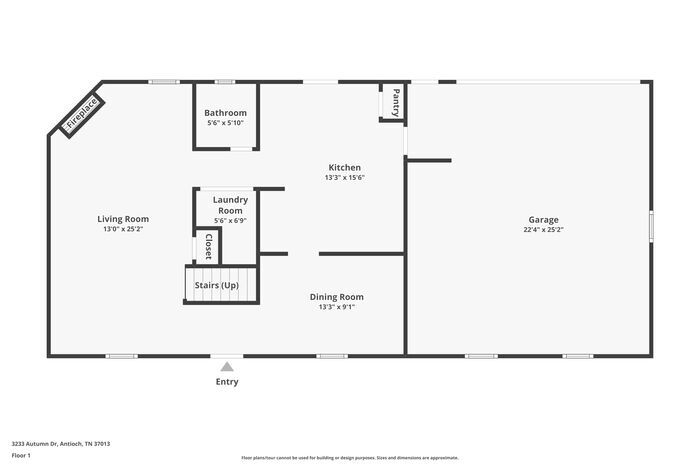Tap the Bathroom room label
[x=225, y=113]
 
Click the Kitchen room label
[x=345, y=167]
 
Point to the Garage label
[x=544, y=220]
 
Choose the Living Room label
[x=123, y=219]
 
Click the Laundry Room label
[x=230, y=205]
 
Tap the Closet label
[x=208, y=246]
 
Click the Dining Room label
[x=336, y=297]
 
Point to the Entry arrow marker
[x=227, y=367]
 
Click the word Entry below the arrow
[x=227, y=381]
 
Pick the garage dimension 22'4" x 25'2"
[x=544, y=230]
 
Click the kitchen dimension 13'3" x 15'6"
[x=345, y=178]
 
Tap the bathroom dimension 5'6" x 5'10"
[x=225, y=124]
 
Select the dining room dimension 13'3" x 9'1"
[x=336, y=307]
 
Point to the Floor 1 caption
[x=22, y=456]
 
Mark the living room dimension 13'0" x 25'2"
[x=123, y=230]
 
